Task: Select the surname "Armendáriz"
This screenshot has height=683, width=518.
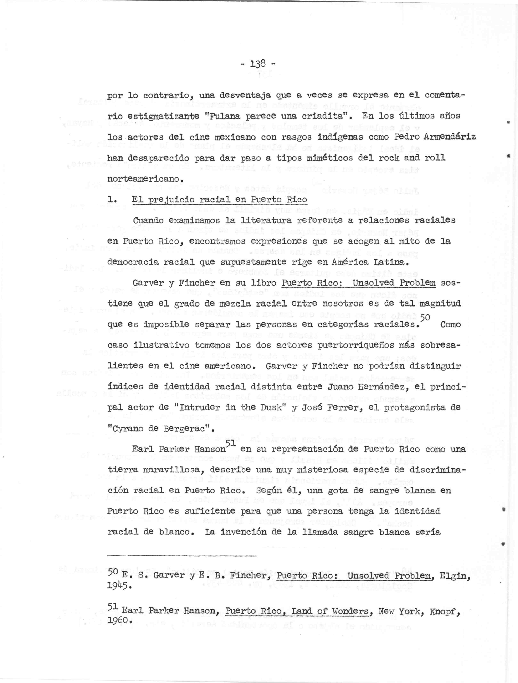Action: (x=450, y=137)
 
